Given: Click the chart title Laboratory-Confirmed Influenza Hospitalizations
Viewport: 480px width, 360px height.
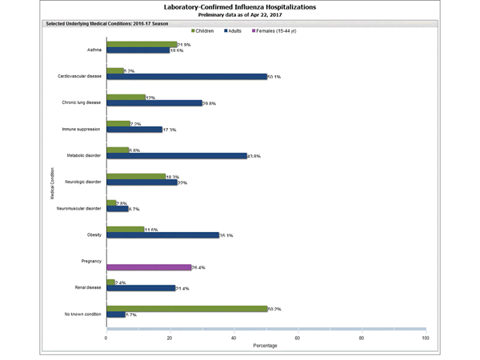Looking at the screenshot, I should pos(240,6).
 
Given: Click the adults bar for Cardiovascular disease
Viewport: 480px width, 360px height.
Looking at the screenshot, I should pos(186,77).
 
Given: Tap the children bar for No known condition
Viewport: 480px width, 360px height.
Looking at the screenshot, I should pos(186,308).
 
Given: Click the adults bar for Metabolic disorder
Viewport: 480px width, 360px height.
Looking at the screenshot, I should pos(176,156).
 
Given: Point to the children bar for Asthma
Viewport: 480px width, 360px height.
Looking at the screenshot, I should pos(142,44).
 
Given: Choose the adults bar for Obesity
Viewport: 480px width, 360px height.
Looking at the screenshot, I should pos(162,235).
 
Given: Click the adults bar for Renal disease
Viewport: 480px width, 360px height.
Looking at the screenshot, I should pos(141,288).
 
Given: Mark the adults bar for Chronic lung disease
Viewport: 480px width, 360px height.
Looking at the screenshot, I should pos(154,103).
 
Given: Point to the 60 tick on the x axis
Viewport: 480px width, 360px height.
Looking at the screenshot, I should pos(298,338).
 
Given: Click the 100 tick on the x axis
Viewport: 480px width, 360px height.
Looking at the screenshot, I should pos(425,338).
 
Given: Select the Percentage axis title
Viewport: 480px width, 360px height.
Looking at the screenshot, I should pos(266,346).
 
